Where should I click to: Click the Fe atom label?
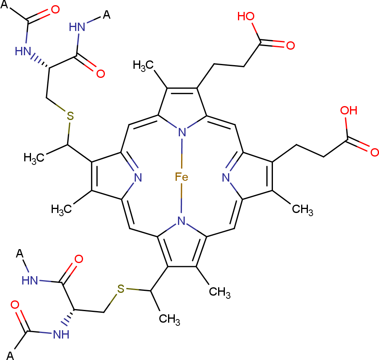pos(182,176)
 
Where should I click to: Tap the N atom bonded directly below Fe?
pos(182,221)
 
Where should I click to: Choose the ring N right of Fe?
pos(226,177)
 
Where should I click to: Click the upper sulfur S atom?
pos(70,116)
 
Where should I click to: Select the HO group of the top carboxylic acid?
pos(245,16)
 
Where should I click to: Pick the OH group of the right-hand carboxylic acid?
pos(349,110)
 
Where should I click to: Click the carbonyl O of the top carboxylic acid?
pos(290,45)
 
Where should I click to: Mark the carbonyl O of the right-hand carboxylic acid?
pos(374,151)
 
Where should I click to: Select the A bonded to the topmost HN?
pos(106,15)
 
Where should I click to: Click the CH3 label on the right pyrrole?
pos(302,209)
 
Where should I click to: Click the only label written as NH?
pos(61,335)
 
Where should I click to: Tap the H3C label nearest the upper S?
pos(35,157)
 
